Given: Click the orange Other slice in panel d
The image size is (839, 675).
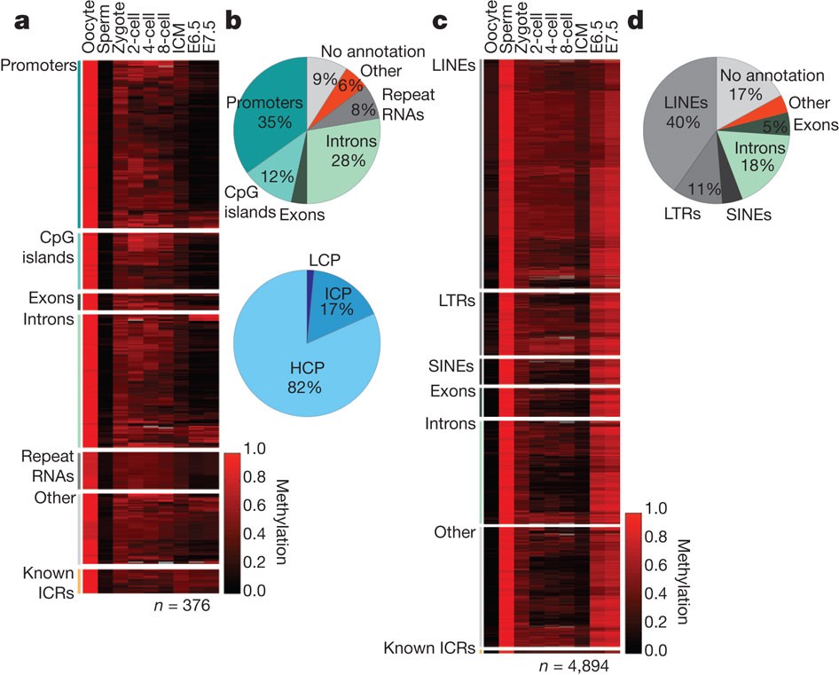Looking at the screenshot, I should pyautogui.click(x=770, y=106).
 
